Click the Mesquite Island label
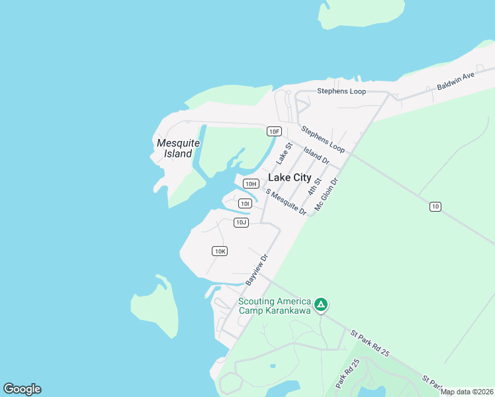(174, 148)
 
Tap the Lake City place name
(289, 177)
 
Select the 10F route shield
(275, 131)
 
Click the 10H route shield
(250, 183)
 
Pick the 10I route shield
(245, 204)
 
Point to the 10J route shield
(241, 222)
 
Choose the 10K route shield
(220, 251)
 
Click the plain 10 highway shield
(435, 207)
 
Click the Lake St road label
(284, 154)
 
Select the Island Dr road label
(316, 155)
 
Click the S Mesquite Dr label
(286, 202)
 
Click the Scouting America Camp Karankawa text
(275, 306)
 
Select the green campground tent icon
(321, 305)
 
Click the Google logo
(22, 389)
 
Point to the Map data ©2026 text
(467, 392)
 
